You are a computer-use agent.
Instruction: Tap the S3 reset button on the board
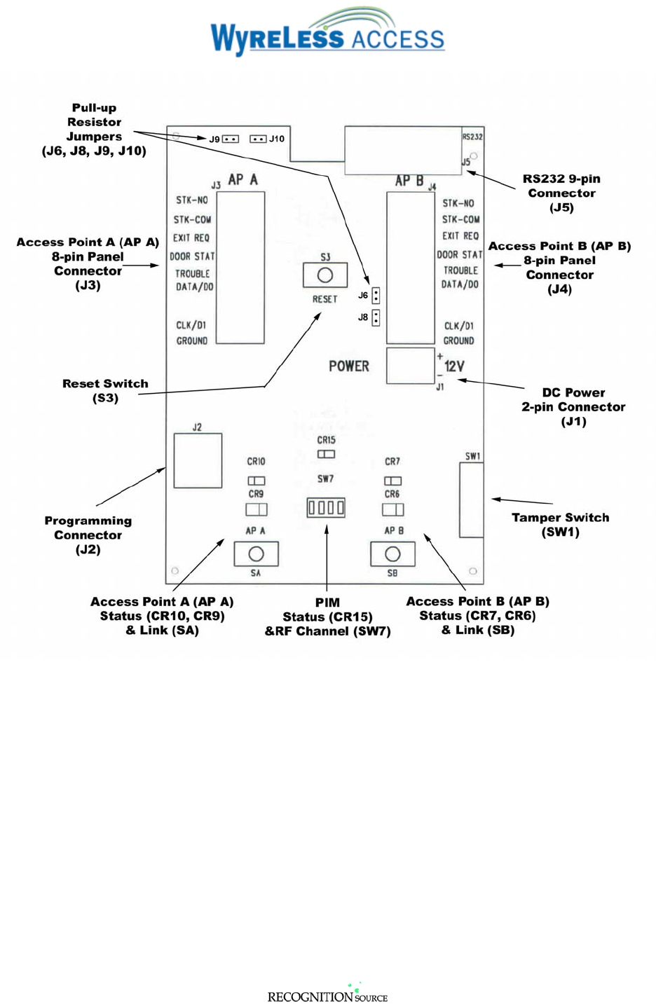(324, 275)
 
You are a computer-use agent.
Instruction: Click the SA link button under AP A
(256, 554)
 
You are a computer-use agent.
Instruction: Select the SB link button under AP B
(392, 554)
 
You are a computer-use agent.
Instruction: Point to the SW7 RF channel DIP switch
(326, 507)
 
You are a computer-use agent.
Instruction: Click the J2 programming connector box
(198, 460)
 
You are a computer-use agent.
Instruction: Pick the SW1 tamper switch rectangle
(471, 500)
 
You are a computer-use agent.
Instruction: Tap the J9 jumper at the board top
(231, 139)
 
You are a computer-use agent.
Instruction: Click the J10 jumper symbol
(258, 139)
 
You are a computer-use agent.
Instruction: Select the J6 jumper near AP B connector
(376, 296)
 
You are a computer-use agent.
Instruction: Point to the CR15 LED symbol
(326, 454)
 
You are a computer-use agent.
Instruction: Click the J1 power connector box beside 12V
(410, 366)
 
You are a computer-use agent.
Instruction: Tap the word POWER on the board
(349, 366)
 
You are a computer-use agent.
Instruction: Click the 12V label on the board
(454, 366)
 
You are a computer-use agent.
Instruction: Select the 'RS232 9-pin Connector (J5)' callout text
(561, 193)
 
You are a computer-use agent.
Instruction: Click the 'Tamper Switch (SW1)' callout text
(560, 524)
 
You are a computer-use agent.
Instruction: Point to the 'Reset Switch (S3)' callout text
(105, 390)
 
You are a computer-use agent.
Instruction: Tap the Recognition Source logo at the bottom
(327, 994)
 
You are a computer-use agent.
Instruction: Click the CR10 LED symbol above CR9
(256, 481)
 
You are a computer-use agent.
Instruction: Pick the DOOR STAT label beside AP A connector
(192, 256)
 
